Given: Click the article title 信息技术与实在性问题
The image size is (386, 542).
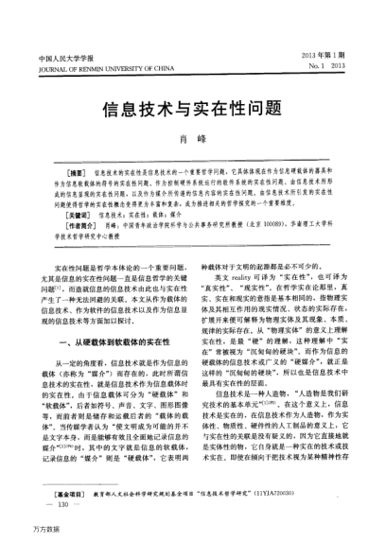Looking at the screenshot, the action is pyautogui.click(x=193, y=111).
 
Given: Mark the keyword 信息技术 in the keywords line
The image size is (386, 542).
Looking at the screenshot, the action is pyautogui.click(x=111, y=216).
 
